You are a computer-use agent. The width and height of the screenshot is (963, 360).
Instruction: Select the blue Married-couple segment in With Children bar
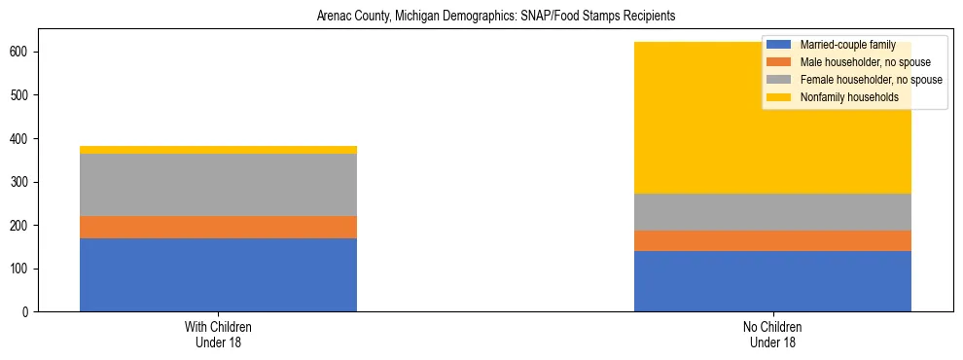click(218, 274)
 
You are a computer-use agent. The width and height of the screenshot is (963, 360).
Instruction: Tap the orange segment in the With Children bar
click(218, 227)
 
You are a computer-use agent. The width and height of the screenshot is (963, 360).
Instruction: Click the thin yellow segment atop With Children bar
click(218, 150)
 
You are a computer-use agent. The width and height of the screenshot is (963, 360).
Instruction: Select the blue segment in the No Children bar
click(772, 281)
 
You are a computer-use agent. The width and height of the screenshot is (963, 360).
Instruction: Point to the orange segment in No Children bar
click(772, 240)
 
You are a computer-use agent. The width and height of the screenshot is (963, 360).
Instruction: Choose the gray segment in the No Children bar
click(772, 212)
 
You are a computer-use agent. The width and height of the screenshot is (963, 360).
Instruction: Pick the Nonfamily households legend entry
click(842, 97)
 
